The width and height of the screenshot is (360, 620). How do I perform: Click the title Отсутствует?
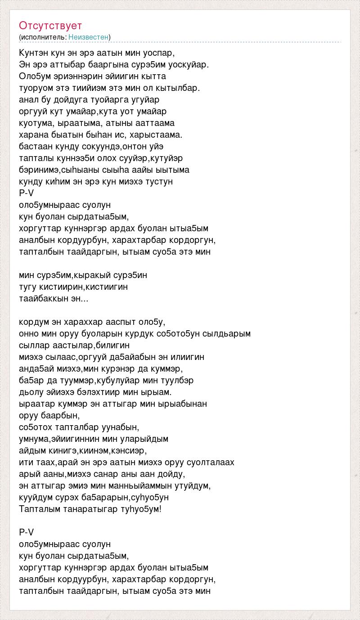(x=50, y=25)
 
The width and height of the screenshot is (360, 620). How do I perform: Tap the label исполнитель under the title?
(x=43, y=37)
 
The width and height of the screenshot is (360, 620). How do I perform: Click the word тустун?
(x=160, y=182)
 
